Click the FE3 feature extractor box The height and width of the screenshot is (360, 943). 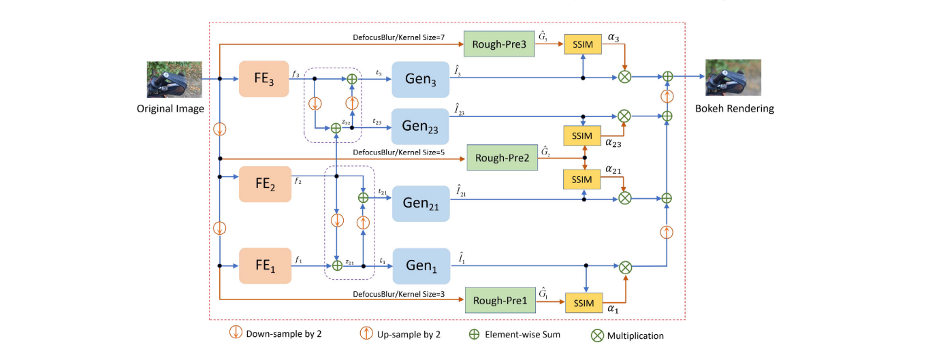pyautogui.click(x=264, y=79)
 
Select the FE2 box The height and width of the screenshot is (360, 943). pyautogui.click(x=265, y=184)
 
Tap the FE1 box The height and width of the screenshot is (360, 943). pyautogui.click(x=265, y=265)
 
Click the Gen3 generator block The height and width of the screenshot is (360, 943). pyautogui.click(x=421, y=79)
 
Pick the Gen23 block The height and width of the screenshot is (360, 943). pyautogui.click(x=421, y=125)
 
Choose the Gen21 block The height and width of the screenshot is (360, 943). pyautogui.click(x=421, y=203)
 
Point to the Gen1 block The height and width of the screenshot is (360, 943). pyautogui.click(x=421, y=265)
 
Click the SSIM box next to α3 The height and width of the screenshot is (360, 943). pyautogui.click(x=582, y=44)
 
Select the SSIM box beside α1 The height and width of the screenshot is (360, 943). pyautogui.click(x=585, y=303)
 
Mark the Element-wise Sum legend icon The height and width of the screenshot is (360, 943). pyautogui.click(x=473, y=334)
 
